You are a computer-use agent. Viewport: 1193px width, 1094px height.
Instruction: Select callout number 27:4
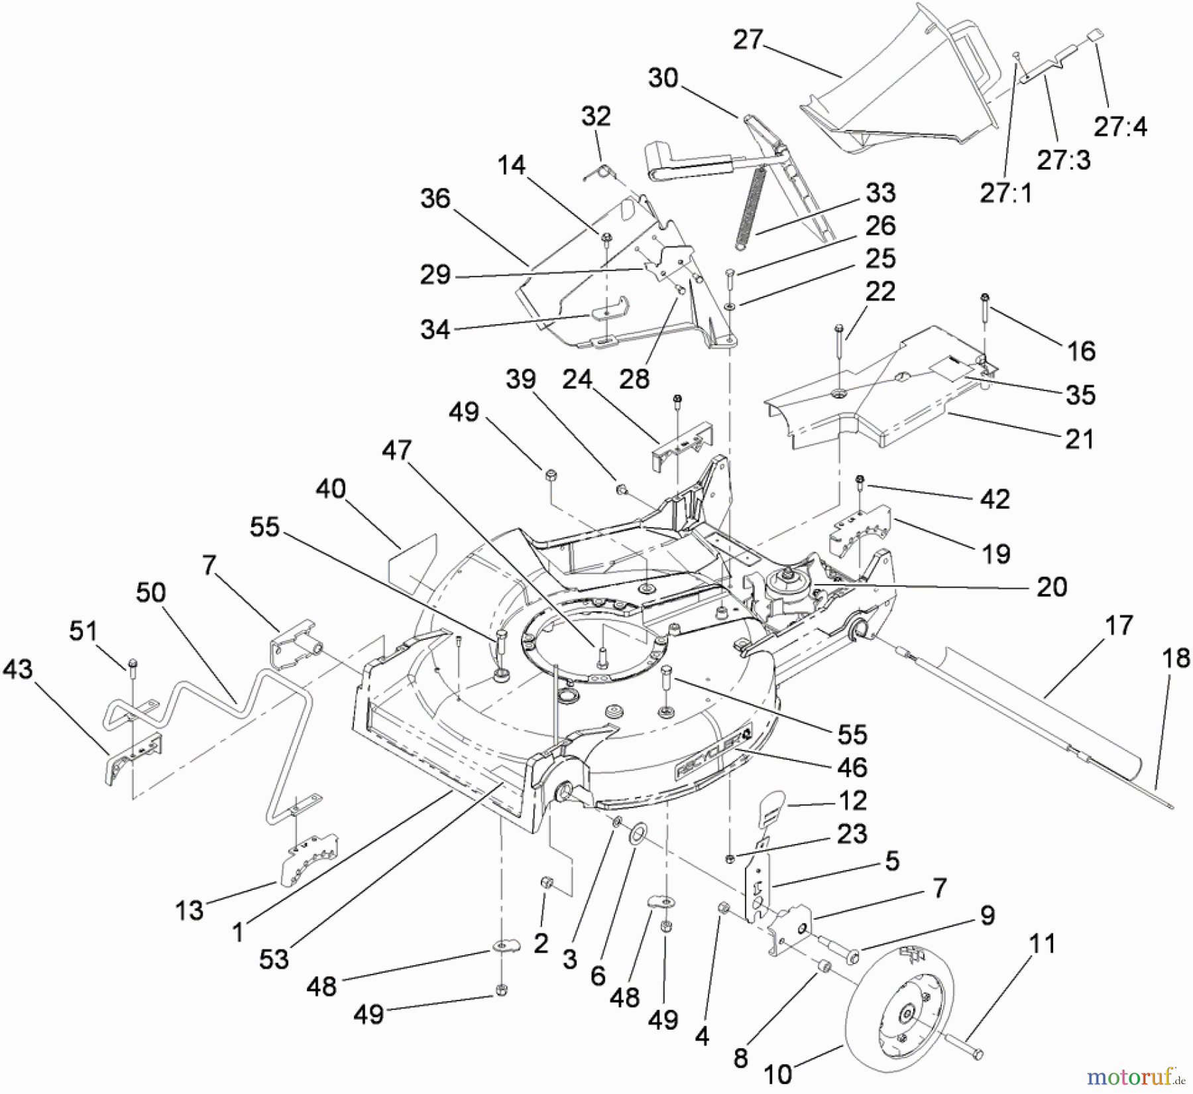pyautogui.click(x=1120, y=126)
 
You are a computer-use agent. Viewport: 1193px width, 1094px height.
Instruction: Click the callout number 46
pyautogui.click(x=852, y=767)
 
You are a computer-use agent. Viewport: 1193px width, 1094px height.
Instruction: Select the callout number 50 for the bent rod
pyautogui.click(x=150, y=592)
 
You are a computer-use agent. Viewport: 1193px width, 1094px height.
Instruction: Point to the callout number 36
pyautogui.click(x=435, y=198)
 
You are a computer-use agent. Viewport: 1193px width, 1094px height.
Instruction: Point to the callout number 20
pyautogui.click(x=1051, y=587)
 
